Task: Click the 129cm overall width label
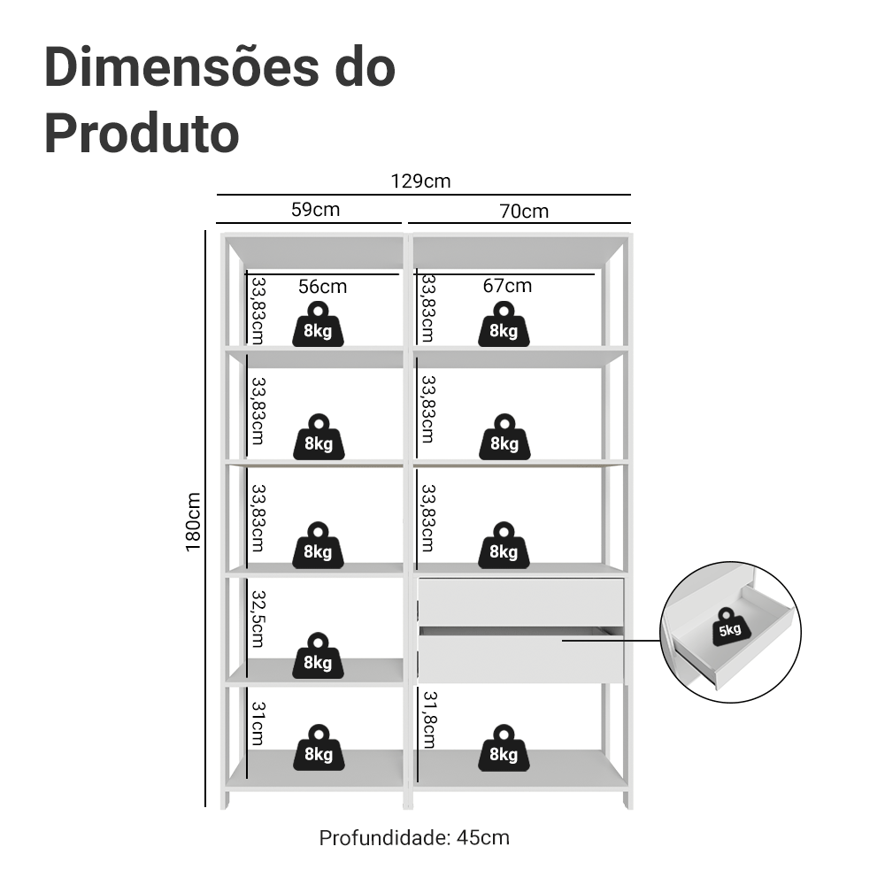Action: click(x=421, y=181)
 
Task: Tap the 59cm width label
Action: click(x=315, y=210)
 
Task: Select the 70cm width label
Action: click(x=523, y=211)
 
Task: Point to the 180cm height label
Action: click(x=194, y=522)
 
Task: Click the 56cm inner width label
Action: click(x=322, y=286)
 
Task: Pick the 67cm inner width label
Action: click(x=508, y=285)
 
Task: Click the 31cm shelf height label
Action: click(x=257, y=723)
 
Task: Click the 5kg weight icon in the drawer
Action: click(x=730, y=627)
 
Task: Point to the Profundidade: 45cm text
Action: click(x=414, y=837)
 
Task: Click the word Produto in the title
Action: click(x=142, y=133)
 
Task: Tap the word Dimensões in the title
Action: click(x=173, y=68)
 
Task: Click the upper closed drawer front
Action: click(x=520, y=602)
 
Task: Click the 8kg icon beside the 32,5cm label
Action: click(x=318, y=656)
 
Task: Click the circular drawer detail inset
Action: click(x=731, y=632)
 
